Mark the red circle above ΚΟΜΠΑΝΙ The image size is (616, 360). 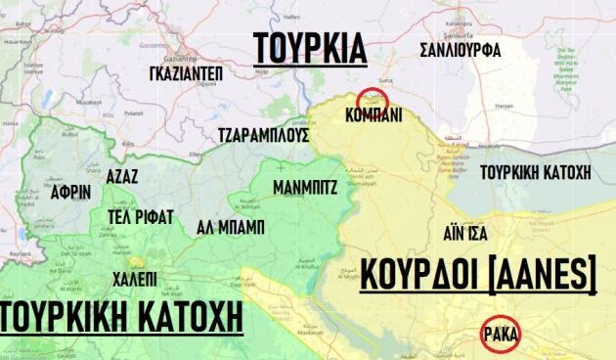click(372, 99)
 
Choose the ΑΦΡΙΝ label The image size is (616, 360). click(72, 192)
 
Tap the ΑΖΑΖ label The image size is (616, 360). click(120, 177)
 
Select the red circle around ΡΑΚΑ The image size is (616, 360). click(502, 335)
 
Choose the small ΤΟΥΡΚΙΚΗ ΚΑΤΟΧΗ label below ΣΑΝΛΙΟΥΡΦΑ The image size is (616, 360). click(539, 173)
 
